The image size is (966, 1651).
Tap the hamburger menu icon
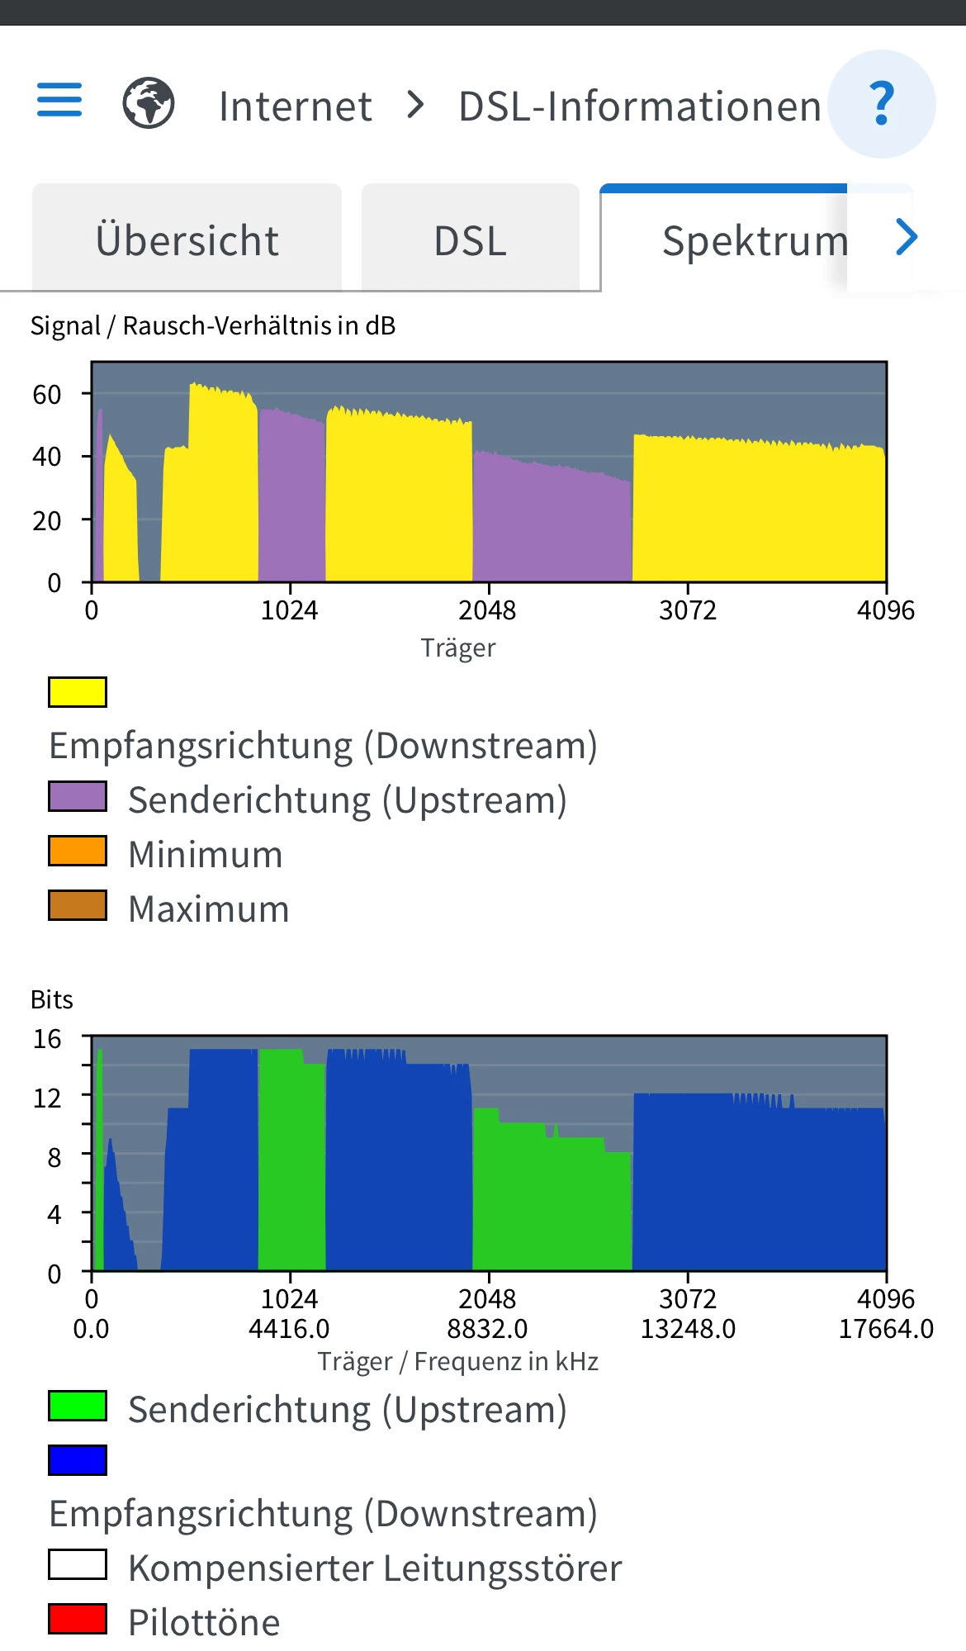[x=59, y=100]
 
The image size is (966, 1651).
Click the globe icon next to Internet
[x=149, y=103]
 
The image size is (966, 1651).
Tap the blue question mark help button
[x=882, y=104]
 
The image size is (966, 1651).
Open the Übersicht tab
[x=187, y=240]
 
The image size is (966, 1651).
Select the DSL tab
[x=470, y=240]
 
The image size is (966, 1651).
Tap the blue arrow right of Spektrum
[x=907, y=238]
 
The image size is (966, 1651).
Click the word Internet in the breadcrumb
[x=295, y=107]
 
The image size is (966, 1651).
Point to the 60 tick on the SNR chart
[x=47, y=394]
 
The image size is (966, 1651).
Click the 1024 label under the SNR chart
[x=289, y=610]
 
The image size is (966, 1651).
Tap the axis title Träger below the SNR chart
[x=458, y=648]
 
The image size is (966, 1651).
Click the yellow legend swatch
[x=78, y=692]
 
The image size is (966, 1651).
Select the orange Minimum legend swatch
[x=78, y=851]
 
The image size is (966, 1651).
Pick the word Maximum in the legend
[x=209, y=909]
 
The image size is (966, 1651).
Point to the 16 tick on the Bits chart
[x=47, y=1038]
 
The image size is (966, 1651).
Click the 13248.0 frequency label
[x=688, y=1329]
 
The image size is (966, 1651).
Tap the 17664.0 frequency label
[x=886, y=1329]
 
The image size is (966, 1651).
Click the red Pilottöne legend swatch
[x=78, y=1619]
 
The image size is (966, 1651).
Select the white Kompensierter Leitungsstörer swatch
[x=78, y=1564]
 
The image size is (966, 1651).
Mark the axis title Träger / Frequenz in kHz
[x=458, y=1361]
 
